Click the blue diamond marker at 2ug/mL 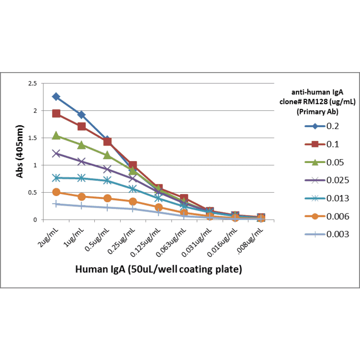click(56, 97)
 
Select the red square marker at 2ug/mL click(56, 114)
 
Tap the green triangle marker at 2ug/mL click(56, 136)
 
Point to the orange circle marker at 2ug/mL click(56, 192)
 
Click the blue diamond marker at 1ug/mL click(82, 115)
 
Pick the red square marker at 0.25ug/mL click(133, 165)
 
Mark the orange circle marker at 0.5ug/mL click(107, 198)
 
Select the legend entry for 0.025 click(337, 180)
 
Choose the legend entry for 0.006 click(337, 216)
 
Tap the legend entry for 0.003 click(337, 234)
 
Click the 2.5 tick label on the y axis click(33, 83)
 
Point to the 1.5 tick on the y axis click(33, 138)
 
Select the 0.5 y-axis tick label click(33, 192)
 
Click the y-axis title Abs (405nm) click(20, 152)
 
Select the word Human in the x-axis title click(91, 270)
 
